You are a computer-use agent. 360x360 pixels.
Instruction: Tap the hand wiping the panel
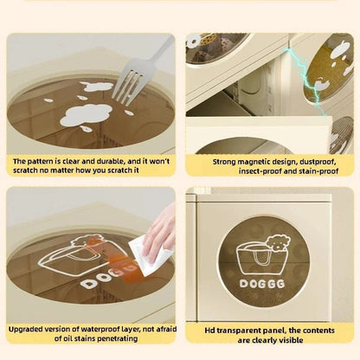pyautogui.click(x=160, y=232)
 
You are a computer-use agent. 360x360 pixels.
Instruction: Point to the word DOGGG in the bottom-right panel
pyautogui.click(x=262, y=284)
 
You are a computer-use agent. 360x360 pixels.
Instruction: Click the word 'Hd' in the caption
pyautogui.click(x=209, y=331)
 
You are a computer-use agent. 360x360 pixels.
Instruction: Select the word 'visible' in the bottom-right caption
pyautogui.click(x=291, y=340)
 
